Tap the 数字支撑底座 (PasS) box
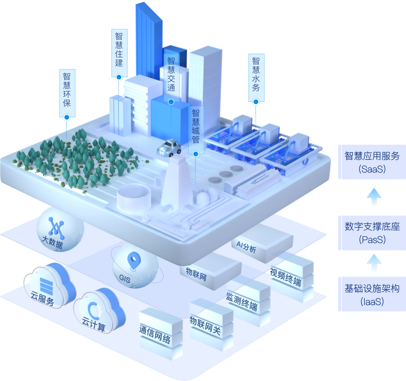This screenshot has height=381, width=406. [x=372, y=233]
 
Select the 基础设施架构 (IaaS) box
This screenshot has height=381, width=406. [x=372, y=295]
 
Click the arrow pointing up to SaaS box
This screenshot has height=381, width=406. [x=374, y=197]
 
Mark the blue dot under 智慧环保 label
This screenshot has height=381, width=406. [x=67, y=117]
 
